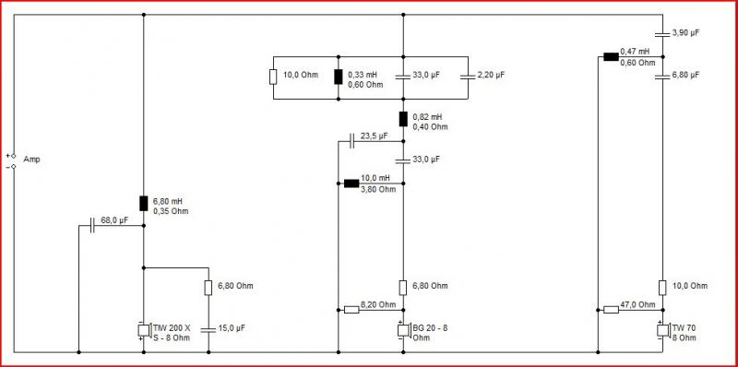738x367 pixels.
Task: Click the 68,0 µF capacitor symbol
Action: pos(92,225)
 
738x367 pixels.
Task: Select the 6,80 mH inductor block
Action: pos(144,203)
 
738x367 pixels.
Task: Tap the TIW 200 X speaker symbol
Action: pos(144,330)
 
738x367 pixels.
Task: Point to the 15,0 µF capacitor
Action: pos(208,329)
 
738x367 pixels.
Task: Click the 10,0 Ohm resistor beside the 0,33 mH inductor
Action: pos(273,77)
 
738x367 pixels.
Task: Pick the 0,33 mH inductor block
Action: pos(339,77)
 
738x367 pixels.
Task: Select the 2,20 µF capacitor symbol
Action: pos(468,77)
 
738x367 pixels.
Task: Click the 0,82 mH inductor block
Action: pos(403,119)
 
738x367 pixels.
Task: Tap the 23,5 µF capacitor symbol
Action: pos(352,141)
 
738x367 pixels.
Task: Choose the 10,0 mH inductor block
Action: pos(351,183)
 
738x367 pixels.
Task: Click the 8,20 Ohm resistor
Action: pos(351,310)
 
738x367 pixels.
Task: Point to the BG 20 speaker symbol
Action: pos(404,330)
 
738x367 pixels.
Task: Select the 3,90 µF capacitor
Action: pos(662,34)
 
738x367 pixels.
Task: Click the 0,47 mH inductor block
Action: pos(611,57)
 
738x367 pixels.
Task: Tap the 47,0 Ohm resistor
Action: pos(611,310)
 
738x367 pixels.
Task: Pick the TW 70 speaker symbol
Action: pos(663,330)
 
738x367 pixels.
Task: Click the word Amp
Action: pos(32,160)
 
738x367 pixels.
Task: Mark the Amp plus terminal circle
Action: pos(14,155)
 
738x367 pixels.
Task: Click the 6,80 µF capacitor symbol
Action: pos(662,77)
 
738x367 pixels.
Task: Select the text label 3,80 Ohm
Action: pos(378,189)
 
